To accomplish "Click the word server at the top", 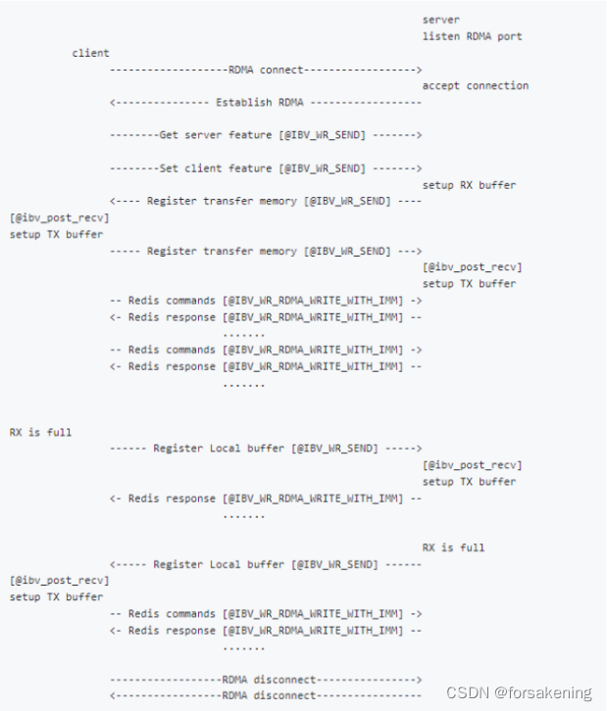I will click(x=440, y=20).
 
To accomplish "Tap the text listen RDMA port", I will click(x=472, y=36).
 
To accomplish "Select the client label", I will click(x=90, y=53).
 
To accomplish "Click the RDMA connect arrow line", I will click(x=265, y=70).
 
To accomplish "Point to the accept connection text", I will click(x=475, y=86).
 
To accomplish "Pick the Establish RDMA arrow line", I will click(x=265, y=103).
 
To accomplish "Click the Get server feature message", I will click(x=265, y=135).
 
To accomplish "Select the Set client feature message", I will click(x=265, y=168).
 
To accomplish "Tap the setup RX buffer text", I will click(x=469, y=185).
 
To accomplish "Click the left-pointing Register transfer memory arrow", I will click(x=265, y=201).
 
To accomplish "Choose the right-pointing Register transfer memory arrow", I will click(x=265, y=251).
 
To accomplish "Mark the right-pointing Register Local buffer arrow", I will click(x=265, y=449).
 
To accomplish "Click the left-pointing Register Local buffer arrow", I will click(x=265, y=564).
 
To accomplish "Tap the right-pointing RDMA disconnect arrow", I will click(x=265, y=679).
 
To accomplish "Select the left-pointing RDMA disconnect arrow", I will click(x=265, y=695).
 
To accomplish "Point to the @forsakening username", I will click(x=543, y=692).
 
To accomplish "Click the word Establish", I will click(x=240, y=103).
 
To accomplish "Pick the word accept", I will click(x=440, y=86).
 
